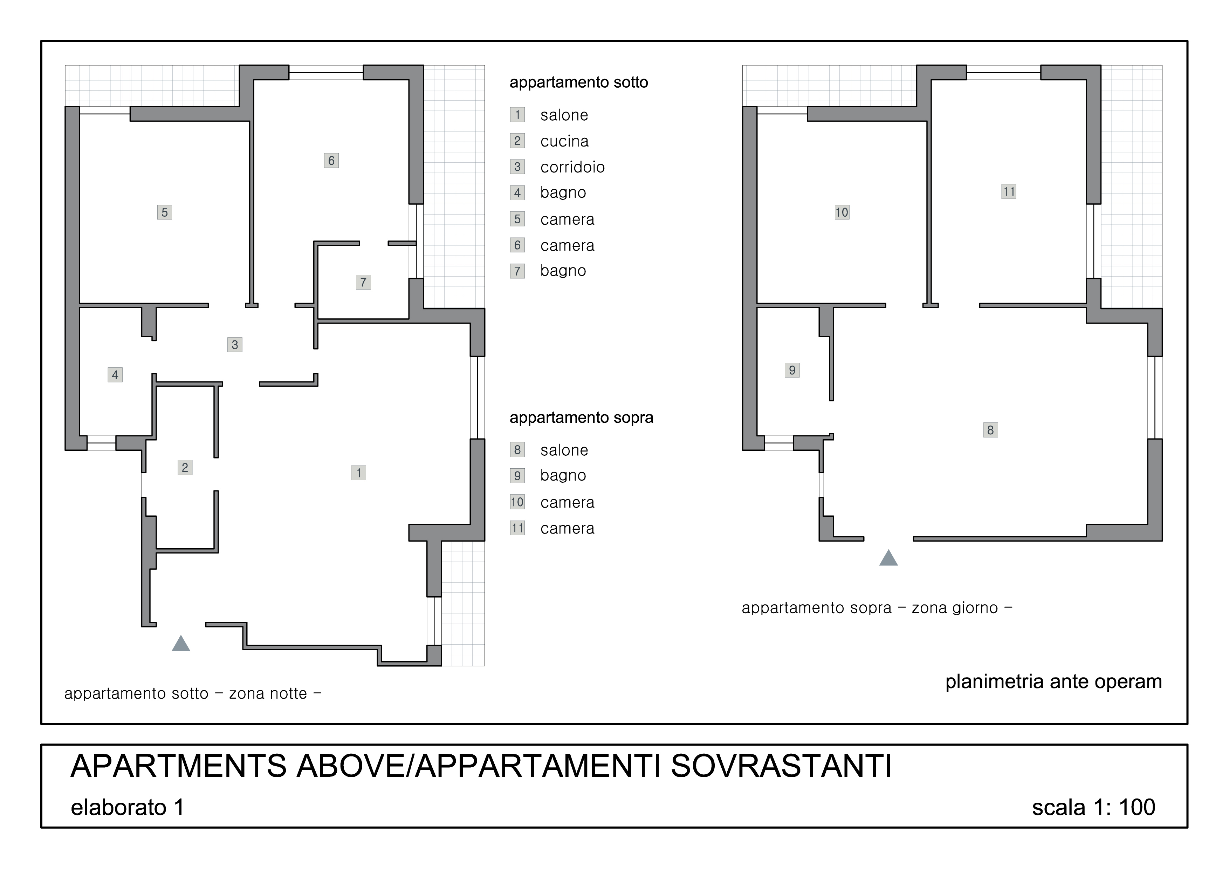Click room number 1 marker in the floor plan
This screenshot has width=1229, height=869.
coord(359,473)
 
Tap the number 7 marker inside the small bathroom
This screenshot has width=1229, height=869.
coord(363,282)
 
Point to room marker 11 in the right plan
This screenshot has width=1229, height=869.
coord(1009,192)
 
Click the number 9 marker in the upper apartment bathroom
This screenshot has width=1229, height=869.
coord(792,370)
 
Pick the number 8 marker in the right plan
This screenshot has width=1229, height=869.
coord(991,430)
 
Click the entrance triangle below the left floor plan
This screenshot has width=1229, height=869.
coord(181,644)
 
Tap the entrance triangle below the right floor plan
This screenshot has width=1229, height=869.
coord(888,558)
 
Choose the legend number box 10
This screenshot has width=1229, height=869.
coord(517,502)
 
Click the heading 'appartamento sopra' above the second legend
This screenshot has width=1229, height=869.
coord(581,417)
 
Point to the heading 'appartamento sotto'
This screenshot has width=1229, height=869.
coord(579,82)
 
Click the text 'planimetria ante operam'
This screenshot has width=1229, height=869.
coord(1053,681)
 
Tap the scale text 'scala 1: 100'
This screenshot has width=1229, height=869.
coord(1093,807)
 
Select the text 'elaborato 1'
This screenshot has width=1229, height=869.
coord(128,807)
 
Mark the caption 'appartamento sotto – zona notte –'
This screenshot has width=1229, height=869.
coord(193,693)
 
